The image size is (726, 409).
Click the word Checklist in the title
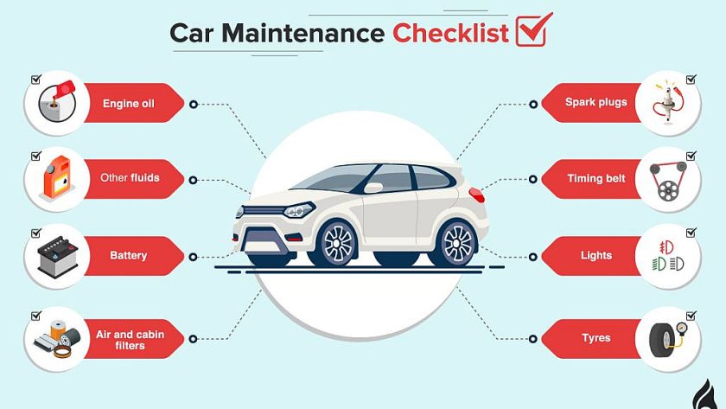[450, 33]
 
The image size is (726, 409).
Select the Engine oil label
[129, 105]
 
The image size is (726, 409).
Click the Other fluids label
[130, 178]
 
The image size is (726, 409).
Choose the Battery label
[129, 256]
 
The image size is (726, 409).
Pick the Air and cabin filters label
[130, 340]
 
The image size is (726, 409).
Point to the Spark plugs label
[595, 102]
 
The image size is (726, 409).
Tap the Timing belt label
[595, 178]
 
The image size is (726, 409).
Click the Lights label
[596, 255]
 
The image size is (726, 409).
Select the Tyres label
[596, 338]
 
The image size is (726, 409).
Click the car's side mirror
[373, 187]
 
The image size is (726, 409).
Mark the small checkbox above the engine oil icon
[36, 80]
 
